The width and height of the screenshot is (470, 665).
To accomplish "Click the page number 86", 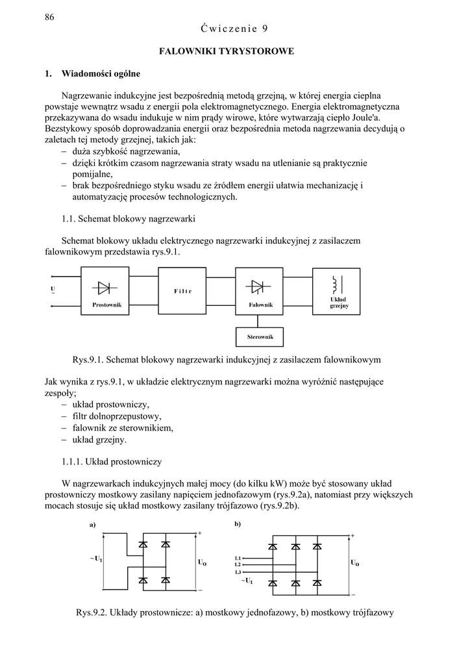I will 49,18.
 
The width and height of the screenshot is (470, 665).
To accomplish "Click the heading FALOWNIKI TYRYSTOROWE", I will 227,50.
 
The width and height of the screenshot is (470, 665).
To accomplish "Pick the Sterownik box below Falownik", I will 260,337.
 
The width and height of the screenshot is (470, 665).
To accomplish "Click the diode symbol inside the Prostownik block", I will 103,286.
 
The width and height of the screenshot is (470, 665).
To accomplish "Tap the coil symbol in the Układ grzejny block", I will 335,284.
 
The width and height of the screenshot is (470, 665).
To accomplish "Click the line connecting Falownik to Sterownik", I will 260,321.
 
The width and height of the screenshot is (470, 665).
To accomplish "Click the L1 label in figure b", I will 238,558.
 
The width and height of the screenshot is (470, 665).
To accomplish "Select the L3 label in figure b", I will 238,572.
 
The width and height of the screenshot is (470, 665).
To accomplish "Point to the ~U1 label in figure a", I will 95,558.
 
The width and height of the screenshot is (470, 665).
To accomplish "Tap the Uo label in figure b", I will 354,563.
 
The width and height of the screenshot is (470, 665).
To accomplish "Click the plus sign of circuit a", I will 200,533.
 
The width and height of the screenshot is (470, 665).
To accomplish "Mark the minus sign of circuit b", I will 353,594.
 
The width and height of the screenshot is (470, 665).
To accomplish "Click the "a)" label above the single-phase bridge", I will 93,525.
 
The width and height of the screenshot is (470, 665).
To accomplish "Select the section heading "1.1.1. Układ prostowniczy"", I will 111,462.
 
